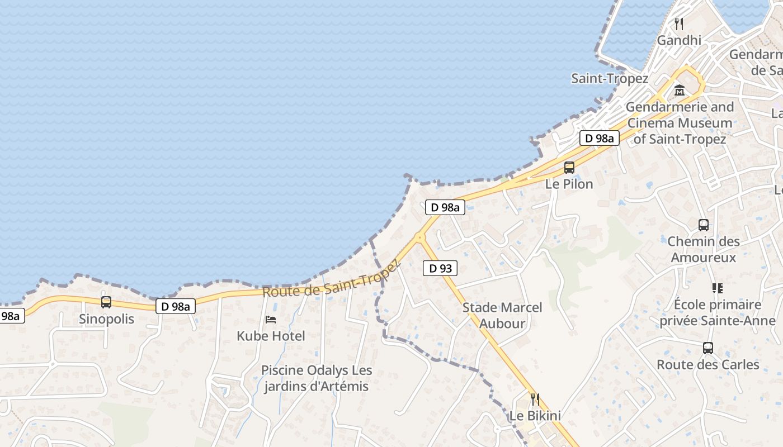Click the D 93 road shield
[x=440, y=268]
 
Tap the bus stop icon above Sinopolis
[x=106, y=302]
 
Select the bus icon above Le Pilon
[x=569, y=167]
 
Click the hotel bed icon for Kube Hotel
[x=271, y=320]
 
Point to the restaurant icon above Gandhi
[x=679, y=24]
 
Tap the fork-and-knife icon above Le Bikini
[x=535, y=399]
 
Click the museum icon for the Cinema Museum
[x=680, y=90]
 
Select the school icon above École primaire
[x=718, y=288]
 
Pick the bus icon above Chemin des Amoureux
[x=704, y=225]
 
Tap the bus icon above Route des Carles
[x=708, y=348]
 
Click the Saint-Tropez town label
[x=610, y=79]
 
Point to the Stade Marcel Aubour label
[x=502, y=315]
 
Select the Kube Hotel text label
[x=271, y=336]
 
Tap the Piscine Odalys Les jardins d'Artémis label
[x=317, y=378]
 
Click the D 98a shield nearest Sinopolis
[x=176, y=306]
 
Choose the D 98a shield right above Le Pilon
[x=599, y=138]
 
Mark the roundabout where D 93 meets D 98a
[x=419, y=237]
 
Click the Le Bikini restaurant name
[x=535, y=416]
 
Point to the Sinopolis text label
[x=106, y=319]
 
